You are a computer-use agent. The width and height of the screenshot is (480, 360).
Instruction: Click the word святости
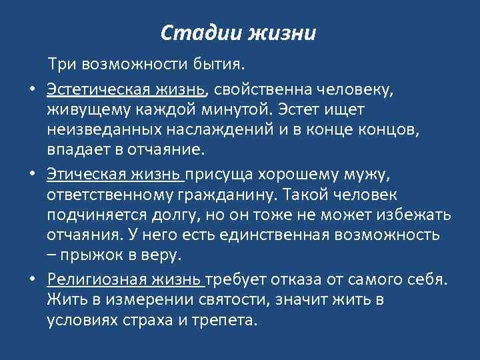[x=234, y=300]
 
